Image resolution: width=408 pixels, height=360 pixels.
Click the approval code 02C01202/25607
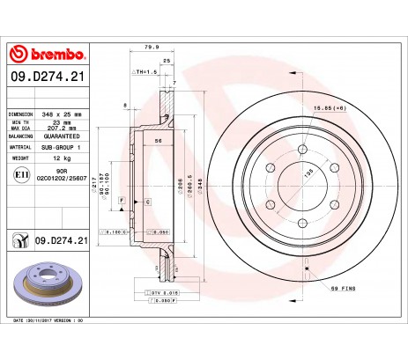[64, 179]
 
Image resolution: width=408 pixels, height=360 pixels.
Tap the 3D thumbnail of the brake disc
[46, 281]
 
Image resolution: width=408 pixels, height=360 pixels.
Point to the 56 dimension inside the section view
[159, 141]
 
